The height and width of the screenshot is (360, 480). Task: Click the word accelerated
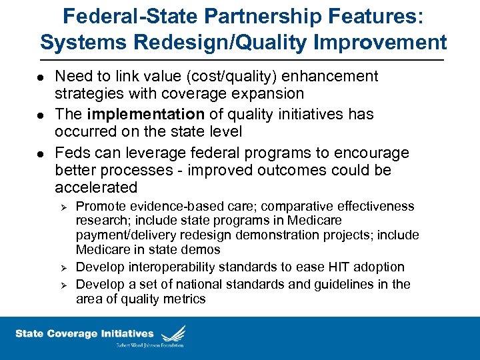pos(96,187)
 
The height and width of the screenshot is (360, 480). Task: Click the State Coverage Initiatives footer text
pos(84,333)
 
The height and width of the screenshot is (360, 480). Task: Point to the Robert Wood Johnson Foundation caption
pos(150,345)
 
